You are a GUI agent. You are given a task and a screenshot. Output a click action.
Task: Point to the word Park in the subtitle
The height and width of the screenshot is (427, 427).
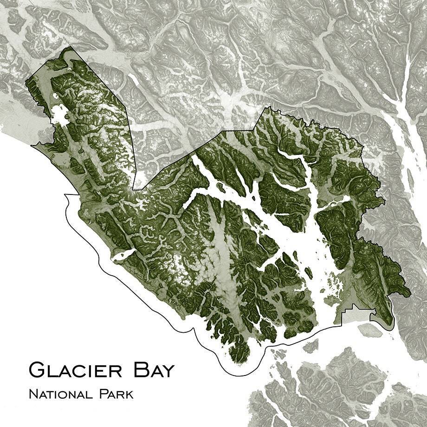(x=116, y=395)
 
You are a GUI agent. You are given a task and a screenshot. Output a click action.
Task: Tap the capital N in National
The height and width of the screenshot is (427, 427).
(x=33, y=395)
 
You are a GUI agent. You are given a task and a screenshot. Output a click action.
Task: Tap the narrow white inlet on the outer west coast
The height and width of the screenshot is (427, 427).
(x=122, y=254)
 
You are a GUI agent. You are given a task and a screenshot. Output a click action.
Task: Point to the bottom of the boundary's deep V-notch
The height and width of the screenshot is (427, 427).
(x=133, y=189)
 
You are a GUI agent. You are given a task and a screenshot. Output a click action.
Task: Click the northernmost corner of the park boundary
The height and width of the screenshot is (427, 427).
(x=68, y=47)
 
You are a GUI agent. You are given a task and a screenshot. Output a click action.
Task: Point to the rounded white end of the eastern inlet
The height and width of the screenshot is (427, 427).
(x=346, y=199)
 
